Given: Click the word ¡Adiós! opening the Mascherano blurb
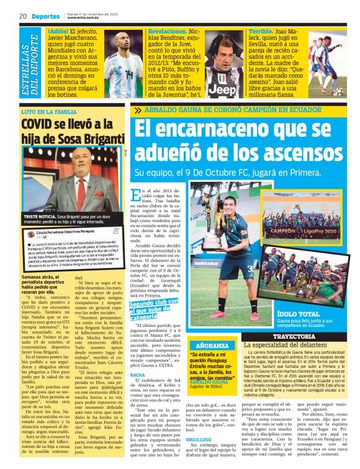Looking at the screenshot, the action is point(60,30).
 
